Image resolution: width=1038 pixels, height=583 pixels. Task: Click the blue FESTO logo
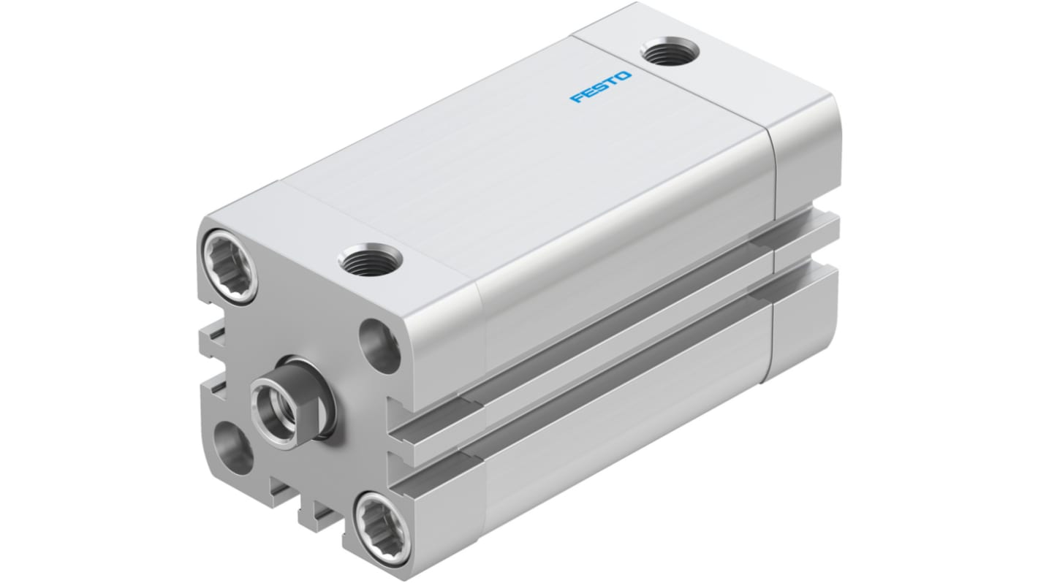pos(601,87)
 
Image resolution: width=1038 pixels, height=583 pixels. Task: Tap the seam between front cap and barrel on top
pos(380,226)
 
